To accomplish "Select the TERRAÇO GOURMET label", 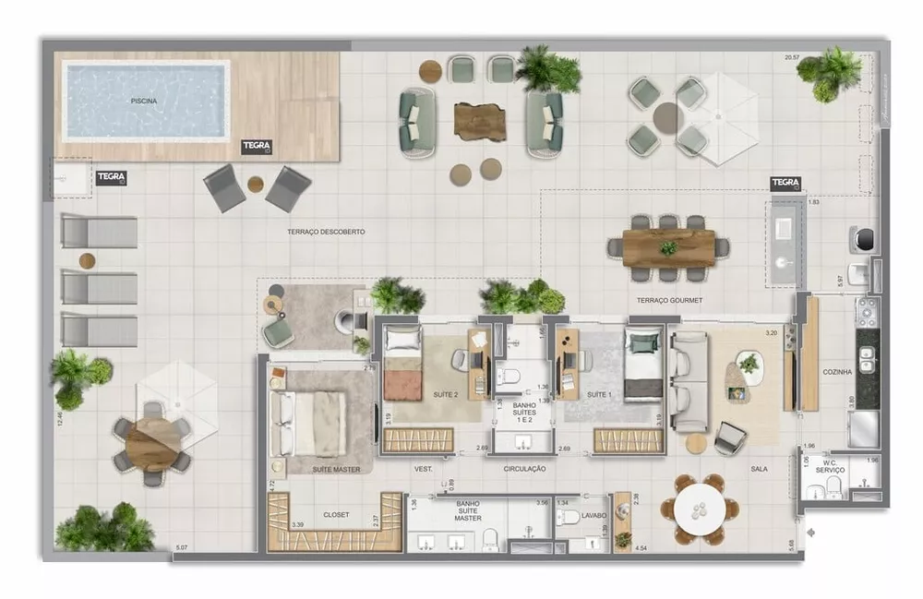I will (x=669, y=301).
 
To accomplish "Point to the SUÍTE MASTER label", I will (x=310, y=469).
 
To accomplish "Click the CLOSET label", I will (x=336, y=515).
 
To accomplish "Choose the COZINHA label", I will (x=837, y=372).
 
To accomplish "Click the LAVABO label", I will (x=594, y=515).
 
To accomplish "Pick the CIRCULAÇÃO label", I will (x=525, y=469).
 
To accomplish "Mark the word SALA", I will (x=759, y=469).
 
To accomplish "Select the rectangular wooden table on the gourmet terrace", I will (x=669, y=247).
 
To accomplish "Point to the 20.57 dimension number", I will (x=793, y=57).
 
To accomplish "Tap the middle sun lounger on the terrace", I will (x=100, y=288).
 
